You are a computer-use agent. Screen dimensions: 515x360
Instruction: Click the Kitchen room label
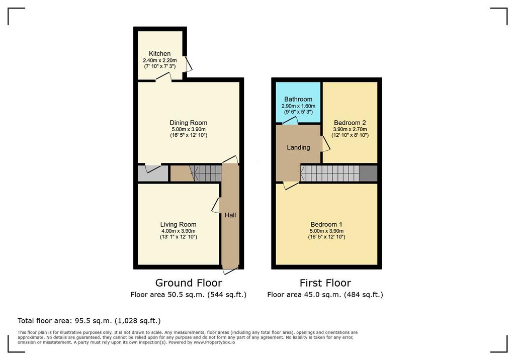(159, 53)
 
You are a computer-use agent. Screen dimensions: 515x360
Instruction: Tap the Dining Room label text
(189, 123)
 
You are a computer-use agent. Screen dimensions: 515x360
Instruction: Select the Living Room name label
(179, 224)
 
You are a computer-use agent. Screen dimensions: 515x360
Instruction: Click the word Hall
(230, 215)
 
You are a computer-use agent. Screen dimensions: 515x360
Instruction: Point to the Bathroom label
(298, 99)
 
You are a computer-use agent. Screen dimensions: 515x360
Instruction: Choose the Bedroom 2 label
(350, 123)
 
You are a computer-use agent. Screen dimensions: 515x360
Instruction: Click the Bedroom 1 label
(326, 224)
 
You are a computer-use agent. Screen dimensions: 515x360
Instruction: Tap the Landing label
(298, 147)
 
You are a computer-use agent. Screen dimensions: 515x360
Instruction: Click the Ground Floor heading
(189, 283)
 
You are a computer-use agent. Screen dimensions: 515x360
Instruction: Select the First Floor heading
(325, 283)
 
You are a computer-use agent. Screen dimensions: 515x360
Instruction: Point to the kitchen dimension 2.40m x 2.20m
(159, 60)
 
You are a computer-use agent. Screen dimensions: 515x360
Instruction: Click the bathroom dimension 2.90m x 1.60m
(298, 106)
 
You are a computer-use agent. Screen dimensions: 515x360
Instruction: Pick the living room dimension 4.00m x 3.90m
(179, 231)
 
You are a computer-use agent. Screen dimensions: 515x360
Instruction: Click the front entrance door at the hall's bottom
(230, 271)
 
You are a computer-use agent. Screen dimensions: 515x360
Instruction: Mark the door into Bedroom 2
(325, 144)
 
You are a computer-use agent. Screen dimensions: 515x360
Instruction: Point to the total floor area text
(89, 321)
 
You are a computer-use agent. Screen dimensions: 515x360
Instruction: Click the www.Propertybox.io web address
(214, 342)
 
